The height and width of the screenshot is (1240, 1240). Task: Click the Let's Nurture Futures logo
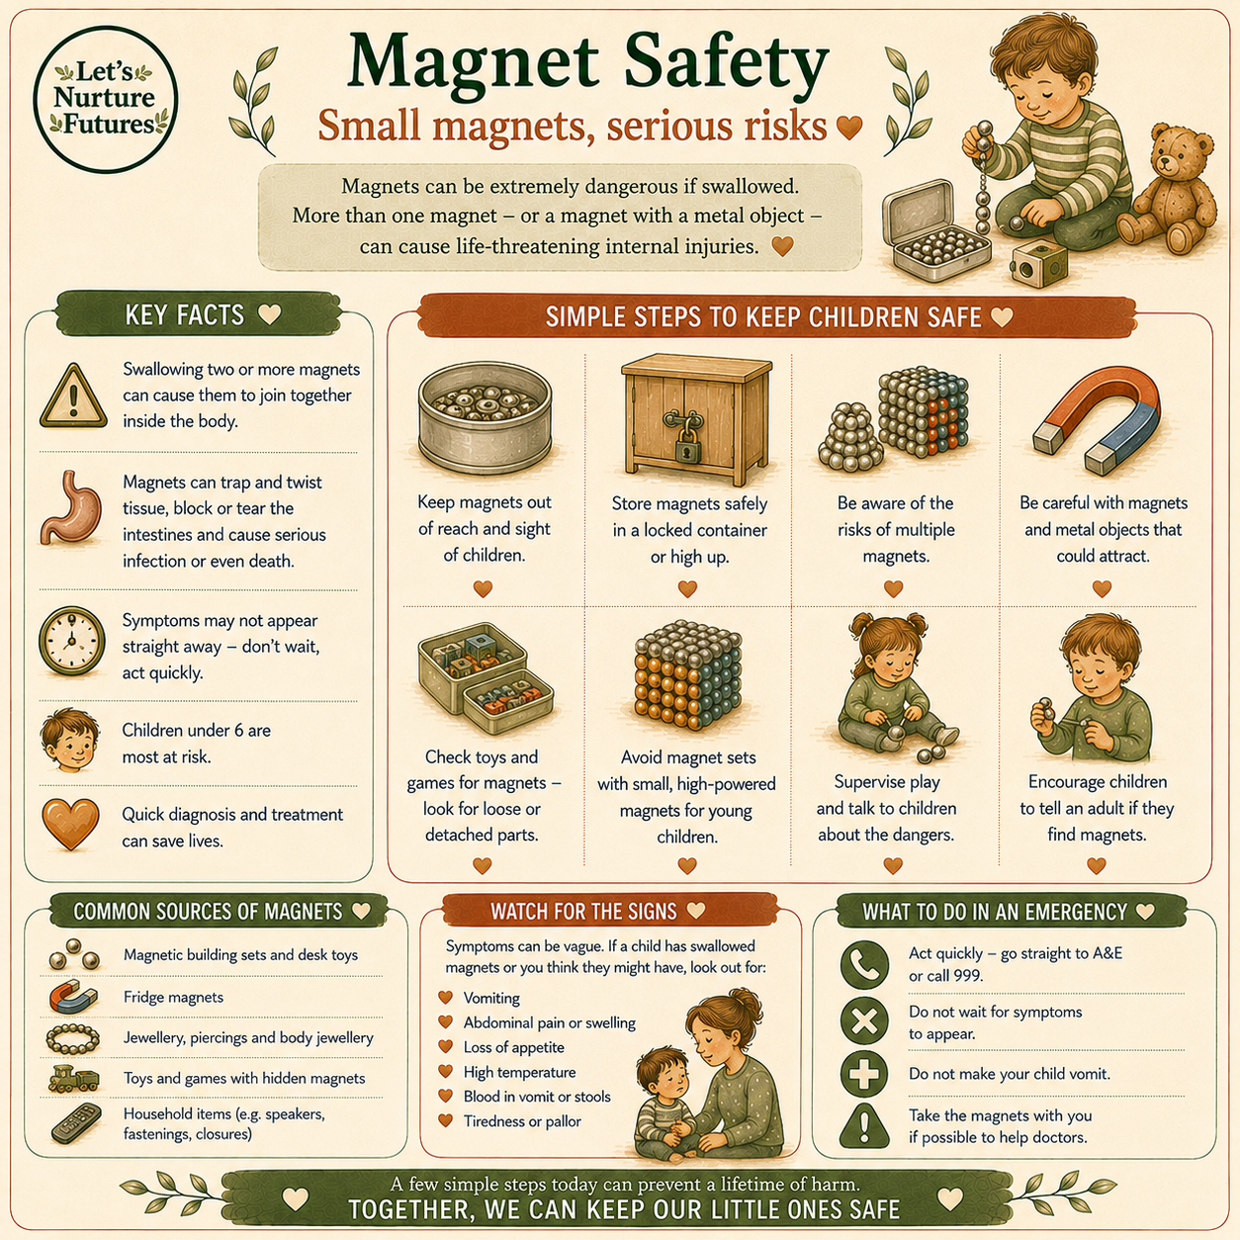click(x=106, y=99)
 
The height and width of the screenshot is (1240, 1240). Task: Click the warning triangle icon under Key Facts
click(x=73, y=396)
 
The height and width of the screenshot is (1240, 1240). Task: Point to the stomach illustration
click(x=71, y=508)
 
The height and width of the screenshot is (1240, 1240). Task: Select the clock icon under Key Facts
click(x=71, y=640)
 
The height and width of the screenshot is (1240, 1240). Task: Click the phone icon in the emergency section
click(x=864, y=964)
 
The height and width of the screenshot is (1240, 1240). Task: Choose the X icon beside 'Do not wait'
click(x=864, y=1020)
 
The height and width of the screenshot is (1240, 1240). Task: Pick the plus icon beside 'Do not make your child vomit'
click(x=864, y=1074)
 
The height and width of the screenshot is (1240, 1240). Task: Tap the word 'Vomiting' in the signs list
click(x=491, y=998)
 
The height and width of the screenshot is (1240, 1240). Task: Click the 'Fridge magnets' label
click(x=173, y=997)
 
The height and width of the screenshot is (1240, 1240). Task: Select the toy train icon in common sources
click(x=73, y=1079)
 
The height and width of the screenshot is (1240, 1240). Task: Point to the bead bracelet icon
click(x=73, y=1038)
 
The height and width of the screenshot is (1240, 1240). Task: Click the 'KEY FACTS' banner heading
click(x=185, y=315)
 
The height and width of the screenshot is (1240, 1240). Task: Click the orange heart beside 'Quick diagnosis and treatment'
click(x=70, y=825)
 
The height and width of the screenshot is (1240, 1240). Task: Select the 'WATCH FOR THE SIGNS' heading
click(x=583, y=911)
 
